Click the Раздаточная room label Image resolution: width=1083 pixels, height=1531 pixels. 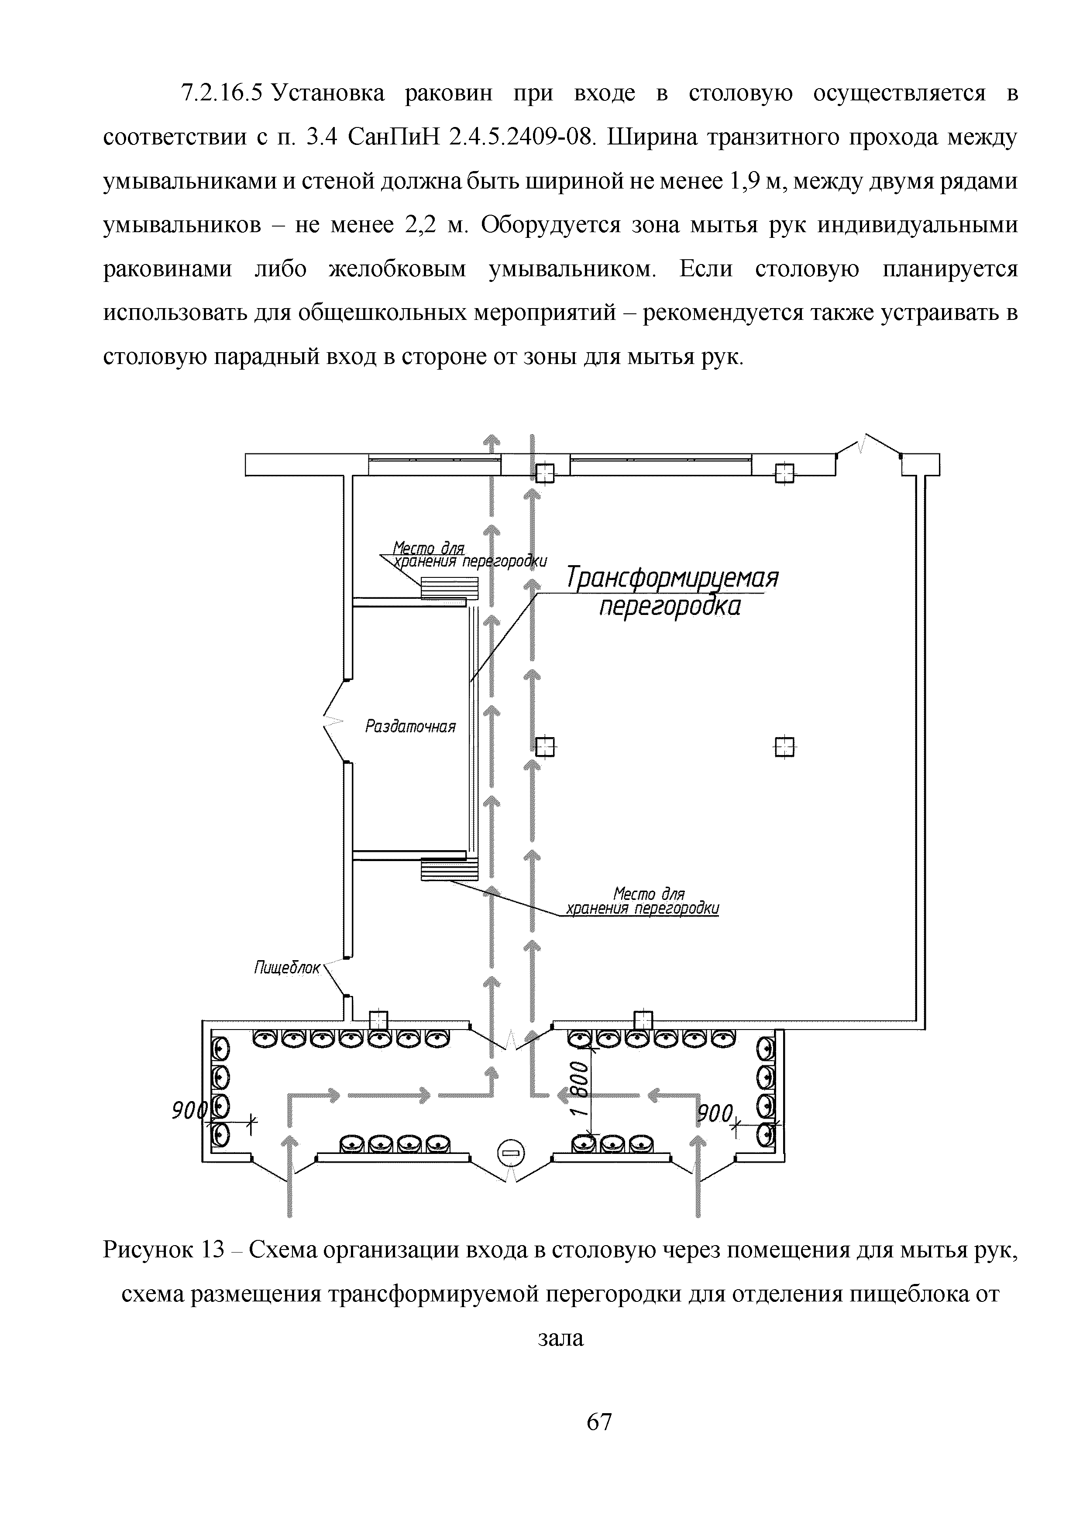(x=410, y=727)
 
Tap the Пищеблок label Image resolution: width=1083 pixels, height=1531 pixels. (x=287, y=968)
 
